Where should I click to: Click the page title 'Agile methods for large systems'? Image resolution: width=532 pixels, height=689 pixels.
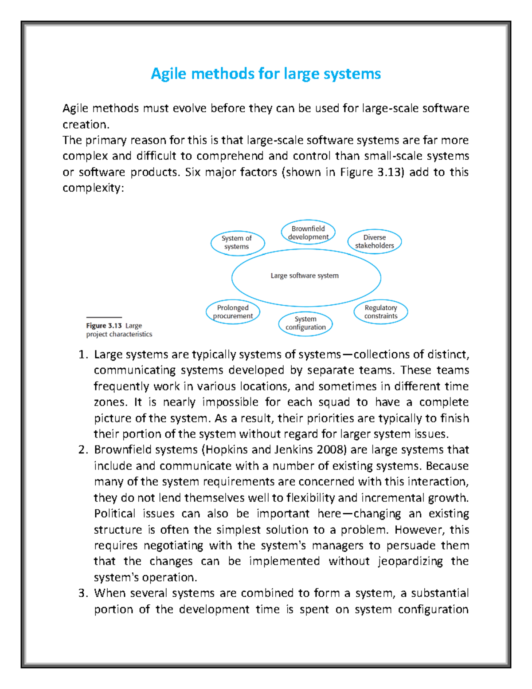(266, 74)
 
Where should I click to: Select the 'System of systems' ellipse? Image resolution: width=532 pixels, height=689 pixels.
(237, 243)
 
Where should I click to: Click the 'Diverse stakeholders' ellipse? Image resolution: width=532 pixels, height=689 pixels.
(374, 242)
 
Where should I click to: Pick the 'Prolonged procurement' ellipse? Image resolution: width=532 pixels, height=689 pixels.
(233, 312)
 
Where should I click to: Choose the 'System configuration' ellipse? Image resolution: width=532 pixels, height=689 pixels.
(305, 323)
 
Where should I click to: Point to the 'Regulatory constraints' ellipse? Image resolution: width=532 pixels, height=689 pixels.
(381, 312)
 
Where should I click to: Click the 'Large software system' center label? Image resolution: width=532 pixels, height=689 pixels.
(305, 276)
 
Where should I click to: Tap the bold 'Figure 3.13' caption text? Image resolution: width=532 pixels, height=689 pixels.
(104, 326)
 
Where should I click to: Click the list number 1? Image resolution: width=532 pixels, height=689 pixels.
(82, 355)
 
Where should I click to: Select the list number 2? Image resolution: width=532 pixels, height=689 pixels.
(82, 450)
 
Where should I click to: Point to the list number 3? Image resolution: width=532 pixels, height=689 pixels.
(82, 594)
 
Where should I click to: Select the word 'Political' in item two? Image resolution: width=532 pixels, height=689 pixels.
(114, 514)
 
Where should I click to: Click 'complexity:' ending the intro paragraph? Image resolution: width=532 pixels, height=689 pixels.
(94, 188)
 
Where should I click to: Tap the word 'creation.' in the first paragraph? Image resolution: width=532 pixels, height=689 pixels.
(86, 125)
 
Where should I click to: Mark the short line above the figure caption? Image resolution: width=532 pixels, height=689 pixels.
(104, 318)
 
